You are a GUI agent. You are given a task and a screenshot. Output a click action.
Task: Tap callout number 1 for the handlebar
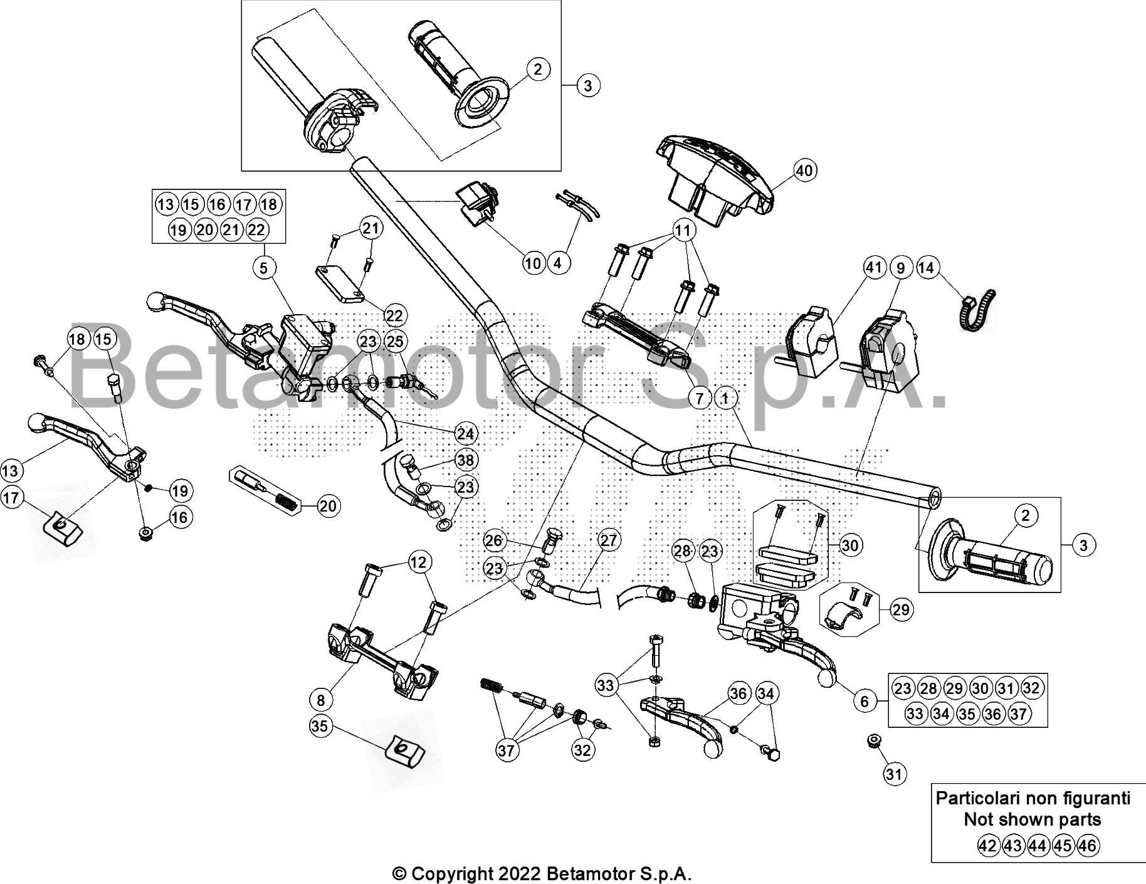coord(725,397)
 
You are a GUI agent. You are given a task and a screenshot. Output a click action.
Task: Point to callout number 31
coord(894,774)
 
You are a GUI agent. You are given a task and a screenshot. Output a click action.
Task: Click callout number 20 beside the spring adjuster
coord(328,506)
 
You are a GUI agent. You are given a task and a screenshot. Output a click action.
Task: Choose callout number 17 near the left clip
coord(11,498)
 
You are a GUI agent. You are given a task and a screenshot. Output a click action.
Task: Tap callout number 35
coord(320,726)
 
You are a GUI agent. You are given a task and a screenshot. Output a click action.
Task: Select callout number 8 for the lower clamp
coord(321,698)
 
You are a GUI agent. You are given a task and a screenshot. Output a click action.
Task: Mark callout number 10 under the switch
coord(532,263)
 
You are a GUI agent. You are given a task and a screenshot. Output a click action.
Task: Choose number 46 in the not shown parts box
coord(1088,846)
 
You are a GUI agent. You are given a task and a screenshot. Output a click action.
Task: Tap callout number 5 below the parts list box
coord(263,268)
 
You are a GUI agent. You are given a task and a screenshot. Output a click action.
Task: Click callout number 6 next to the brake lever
coord(865,700)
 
